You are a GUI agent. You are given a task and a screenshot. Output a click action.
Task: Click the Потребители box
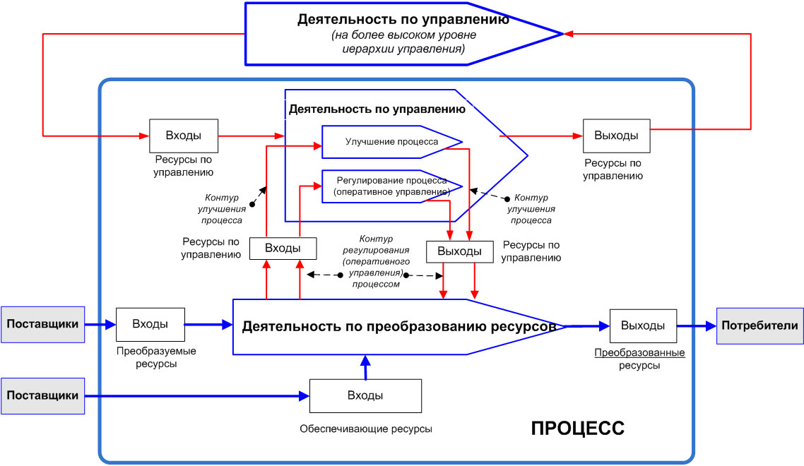pos(760,325)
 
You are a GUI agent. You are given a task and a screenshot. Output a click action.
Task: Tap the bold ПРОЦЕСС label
pos(577,428)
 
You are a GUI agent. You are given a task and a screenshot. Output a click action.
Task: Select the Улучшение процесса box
pos(391,142)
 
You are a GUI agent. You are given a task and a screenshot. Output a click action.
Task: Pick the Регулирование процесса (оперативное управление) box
pos(391,186)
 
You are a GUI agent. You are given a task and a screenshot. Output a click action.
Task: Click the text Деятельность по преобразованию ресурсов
pos(400,327)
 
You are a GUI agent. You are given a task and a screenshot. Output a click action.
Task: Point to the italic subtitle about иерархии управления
pos(403,42)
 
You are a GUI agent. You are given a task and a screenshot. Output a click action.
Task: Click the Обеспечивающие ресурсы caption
pos(365,429)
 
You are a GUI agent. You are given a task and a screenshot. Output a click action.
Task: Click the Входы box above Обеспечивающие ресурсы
pos(365,395)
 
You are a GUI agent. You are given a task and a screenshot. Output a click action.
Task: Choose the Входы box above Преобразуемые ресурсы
pos(150,325)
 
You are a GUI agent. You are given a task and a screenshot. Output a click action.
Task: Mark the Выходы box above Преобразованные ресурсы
pos(643,325)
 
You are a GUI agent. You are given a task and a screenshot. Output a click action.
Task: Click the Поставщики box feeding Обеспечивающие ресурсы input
pos(42,395)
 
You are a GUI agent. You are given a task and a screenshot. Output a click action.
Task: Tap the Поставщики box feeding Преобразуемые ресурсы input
pos(42,325)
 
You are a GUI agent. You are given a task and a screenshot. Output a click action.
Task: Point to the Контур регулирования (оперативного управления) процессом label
pos(373,261)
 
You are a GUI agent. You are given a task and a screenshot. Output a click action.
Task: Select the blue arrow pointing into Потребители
pos(697,326)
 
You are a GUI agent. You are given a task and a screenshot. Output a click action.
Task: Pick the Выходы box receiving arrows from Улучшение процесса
pos(459,251)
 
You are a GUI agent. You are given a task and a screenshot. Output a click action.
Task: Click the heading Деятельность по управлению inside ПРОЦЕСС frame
pos(377,109)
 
